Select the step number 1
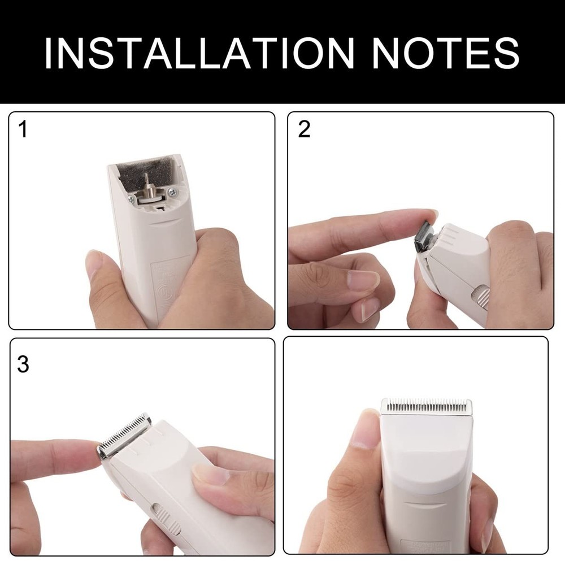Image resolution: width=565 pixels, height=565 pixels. tap(23, 129)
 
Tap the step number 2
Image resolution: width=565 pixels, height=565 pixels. tap(304, 129)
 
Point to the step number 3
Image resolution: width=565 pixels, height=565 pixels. tap(23, 364)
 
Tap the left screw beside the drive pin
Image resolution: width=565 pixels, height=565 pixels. tap(132, 199)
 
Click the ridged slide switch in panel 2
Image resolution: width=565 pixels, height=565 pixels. tap(481, 297)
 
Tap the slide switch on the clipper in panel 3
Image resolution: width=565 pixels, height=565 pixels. tap(167, 520)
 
